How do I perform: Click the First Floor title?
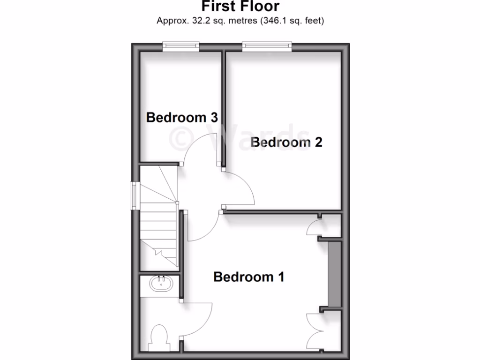pos(240,7)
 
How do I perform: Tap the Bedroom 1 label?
pos(248,277)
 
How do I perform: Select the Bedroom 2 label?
pos(286,142)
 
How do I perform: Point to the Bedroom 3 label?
pos(182,117)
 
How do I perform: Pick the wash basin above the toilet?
pos(161,283)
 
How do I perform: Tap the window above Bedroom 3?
pos(181,46)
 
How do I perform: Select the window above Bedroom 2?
pos(267,46)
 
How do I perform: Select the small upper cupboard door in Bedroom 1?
pos(312,227)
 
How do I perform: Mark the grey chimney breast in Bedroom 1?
pos(333,274)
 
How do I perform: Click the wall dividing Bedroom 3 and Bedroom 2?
pos(224,108)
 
